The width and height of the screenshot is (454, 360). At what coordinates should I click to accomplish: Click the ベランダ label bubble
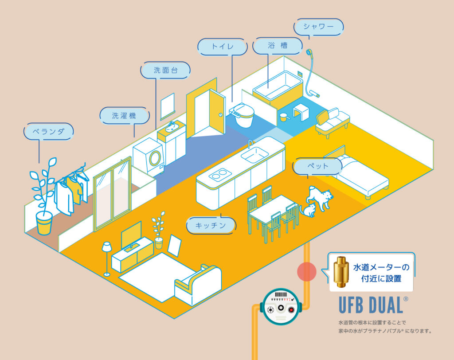coord(48,132)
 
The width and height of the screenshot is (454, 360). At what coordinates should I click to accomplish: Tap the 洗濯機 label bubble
coord(124,116)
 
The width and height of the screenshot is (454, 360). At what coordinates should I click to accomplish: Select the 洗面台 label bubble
coord(165,70)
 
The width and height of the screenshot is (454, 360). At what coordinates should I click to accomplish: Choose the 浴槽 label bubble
coord(277,45)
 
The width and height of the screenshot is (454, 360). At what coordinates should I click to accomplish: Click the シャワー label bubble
coord(318,26)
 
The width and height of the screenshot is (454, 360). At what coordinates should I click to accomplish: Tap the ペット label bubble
coord(317,166)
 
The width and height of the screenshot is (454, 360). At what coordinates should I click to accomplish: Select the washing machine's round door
coord(156,157)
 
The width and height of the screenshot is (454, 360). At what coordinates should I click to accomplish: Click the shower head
coord(309,53)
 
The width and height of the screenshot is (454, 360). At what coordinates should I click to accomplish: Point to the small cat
coord(309,209)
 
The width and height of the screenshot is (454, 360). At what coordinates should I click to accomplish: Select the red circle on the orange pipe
coord(306,271)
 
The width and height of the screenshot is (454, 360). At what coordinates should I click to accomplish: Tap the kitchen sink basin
coord(254,155)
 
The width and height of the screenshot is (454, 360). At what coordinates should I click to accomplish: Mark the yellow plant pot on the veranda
coord(44,223)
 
